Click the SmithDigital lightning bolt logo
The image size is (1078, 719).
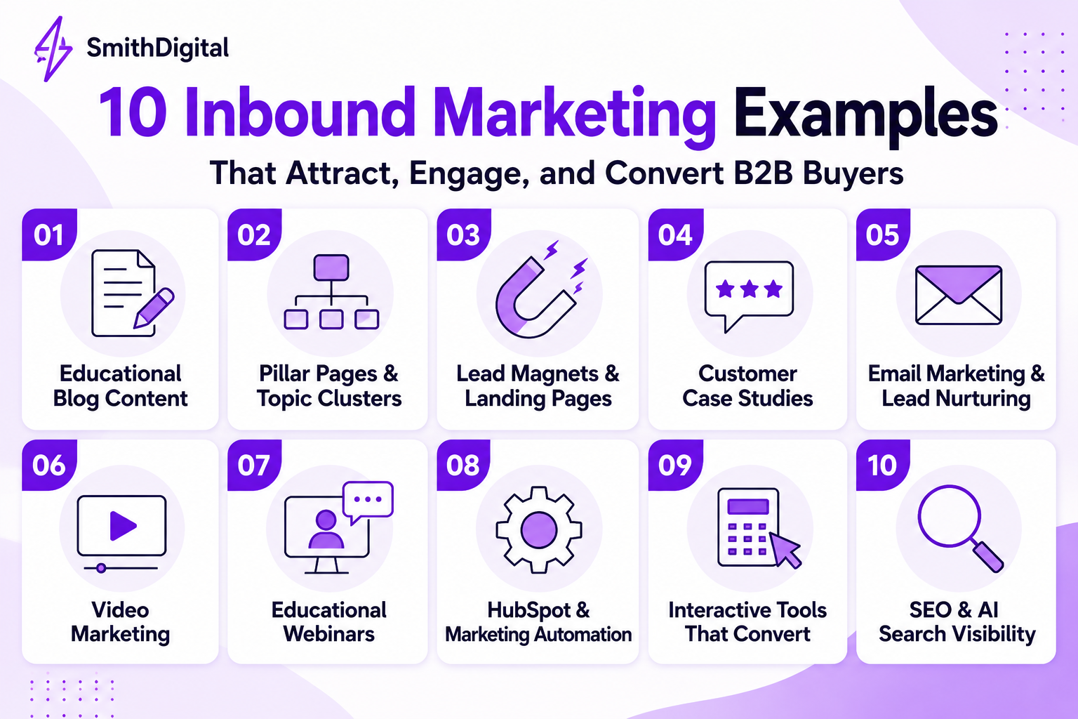53,49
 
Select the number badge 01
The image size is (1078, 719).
49,235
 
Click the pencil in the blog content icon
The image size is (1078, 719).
154,308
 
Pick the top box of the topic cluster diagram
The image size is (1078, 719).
331,268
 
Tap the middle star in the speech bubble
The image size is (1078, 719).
749,289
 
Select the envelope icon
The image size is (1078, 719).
959,295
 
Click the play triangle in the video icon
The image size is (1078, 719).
122,525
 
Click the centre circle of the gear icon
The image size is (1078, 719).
539,529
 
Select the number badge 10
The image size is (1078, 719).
883,466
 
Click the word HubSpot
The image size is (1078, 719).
529,610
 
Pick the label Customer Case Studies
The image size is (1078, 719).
747,385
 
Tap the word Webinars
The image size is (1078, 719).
328,634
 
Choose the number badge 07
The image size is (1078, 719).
254,466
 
